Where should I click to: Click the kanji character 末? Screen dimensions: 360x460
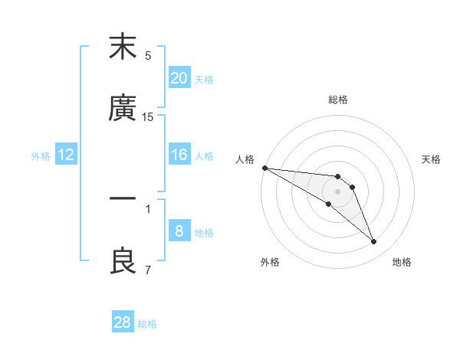(123, 47)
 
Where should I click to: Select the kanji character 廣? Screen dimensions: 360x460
(123, 110)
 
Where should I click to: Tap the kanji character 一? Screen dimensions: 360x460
(123, 198)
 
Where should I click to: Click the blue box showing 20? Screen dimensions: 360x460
(179, 78)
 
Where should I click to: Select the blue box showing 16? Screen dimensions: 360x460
(179, 155)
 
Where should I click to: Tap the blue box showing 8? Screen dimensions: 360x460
(179, 231)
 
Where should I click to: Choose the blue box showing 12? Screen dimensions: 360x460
(66, 155)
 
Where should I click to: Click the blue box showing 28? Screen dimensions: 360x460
(123, 322)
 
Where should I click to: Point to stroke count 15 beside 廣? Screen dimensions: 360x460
(148, 117)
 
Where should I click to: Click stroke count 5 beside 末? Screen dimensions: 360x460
(148, 55)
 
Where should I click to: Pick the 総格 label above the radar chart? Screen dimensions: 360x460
(338, 100)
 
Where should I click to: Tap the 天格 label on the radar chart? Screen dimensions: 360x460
(432, 159)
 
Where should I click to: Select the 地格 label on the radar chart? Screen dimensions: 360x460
(402, 262)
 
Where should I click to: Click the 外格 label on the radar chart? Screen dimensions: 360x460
(270, 262)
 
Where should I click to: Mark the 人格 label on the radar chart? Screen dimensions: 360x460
(245, 159)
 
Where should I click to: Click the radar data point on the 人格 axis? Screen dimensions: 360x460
(264, 168)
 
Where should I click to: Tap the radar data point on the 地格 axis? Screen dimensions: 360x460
(374, 242)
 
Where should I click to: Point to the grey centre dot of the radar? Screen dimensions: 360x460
(337, 191)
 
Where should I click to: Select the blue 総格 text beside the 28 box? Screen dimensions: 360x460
(147, 324)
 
